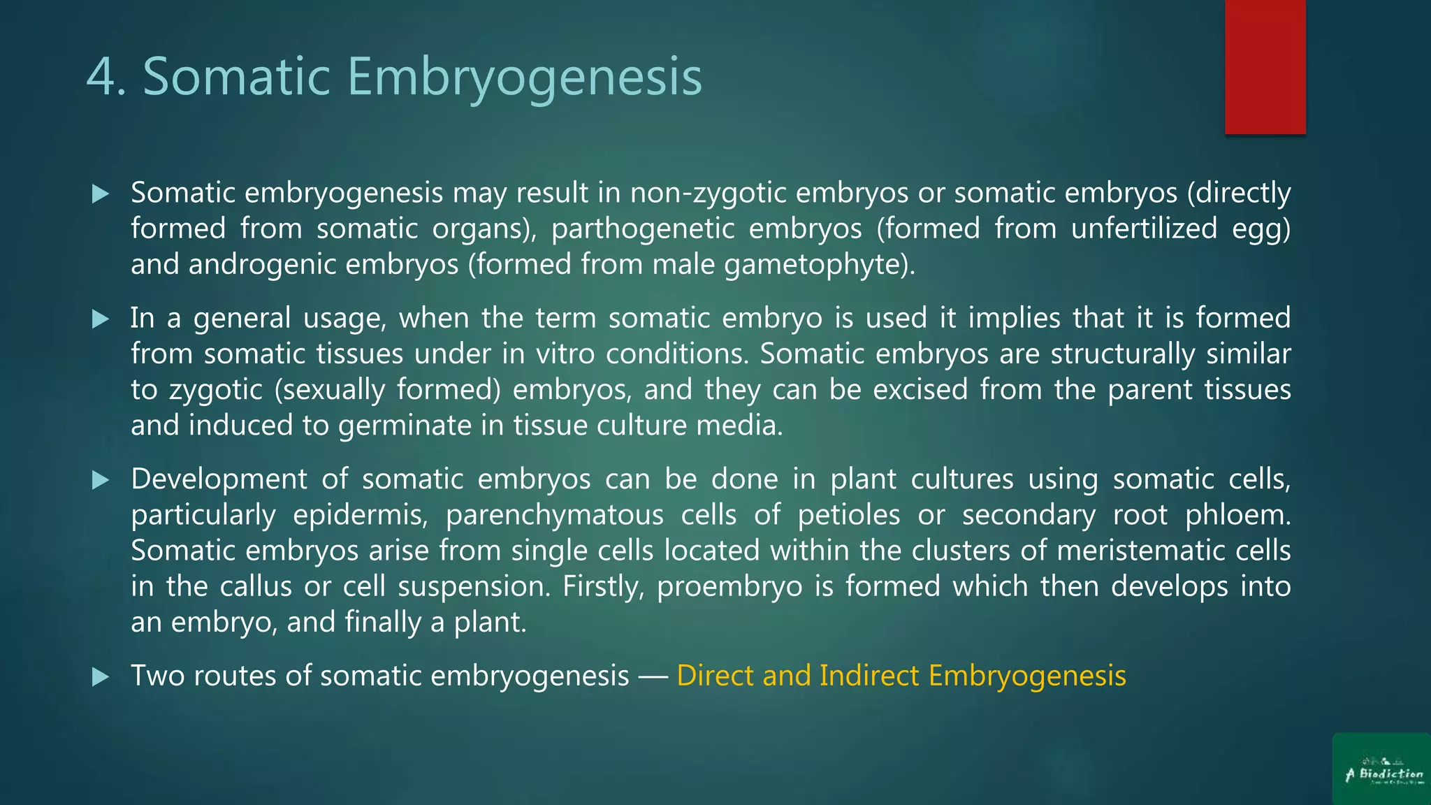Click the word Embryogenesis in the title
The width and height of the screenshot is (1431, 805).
pyautogui.click(x=524, y=77)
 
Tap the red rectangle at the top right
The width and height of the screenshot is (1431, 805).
pyautogui.click(x=1265, y=66)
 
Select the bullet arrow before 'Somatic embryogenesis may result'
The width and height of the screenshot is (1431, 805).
pyautogui.click(x=101, y=194)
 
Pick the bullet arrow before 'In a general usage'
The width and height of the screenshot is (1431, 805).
pyautogui.click(x=101, y=319)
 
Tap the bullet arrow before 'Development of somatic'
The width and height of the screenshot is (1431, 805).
pyautogui.click(x=101, y=480)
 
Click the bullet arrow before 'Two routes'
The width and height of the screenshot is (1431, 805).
pyautogui.click(x=101, y=676)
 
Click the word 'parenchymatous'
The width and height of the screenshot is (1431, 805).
pyautogui.click(x=554, y=516)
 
